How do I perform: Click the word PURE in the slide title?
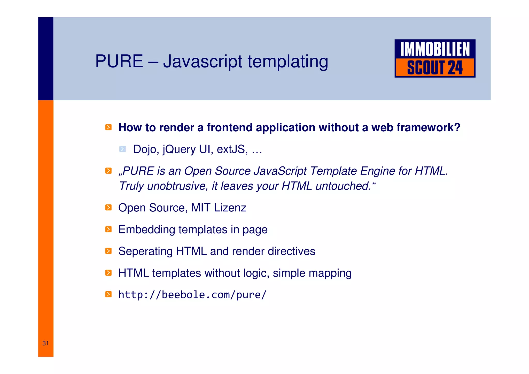click(119, 61)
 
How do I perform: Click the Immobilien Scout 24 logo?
click(435, 58)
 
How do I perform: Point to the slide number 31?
click(46, 343)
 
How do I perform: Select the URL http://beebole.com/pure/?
click(192, 295)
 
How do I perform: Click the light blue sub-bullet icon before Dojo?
click(123, 149)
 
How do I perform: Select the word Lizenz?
click(230, 208)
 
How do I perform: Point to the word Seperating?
click(145, 251)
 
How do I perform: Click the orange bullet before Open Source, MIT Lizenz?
click(108, 208)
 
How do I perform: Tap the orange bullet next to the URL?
click(108, 294)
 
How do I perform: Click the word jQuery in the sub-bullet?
click(179, 149)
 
